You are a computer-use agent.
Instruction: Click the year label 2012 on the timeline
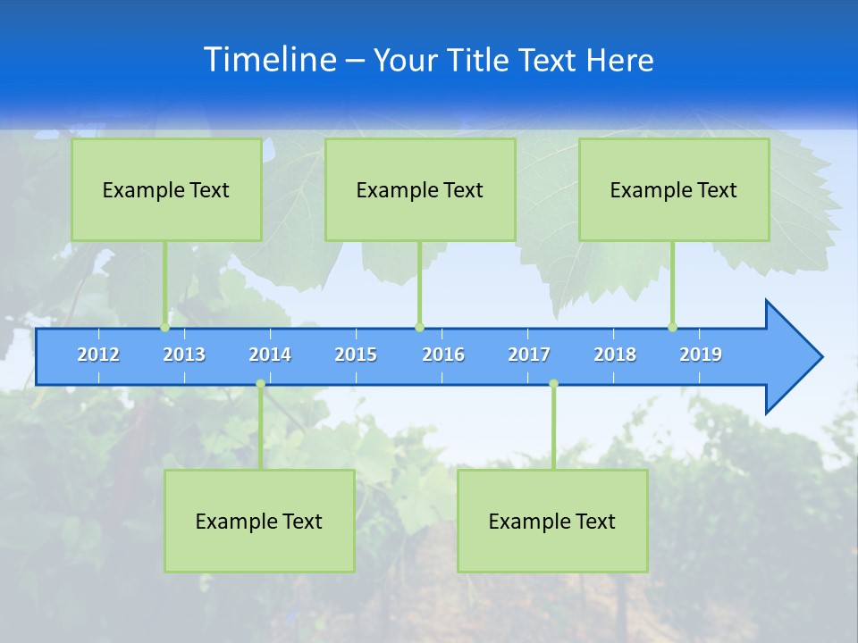tap(98, 355)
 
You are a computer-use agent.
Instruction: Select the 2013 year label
tap(184, 355)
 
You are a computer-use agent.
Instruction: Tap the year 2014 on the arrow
tap(270, 355)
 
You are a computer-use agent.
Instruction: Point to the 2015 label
tap(356, 355)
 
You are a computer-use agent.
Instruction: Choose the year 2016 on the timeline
tap(443, 355)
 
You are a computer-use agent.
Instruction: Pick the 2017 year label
tap(529, 355)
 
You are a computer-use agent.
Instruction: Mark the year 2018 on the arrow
tap(615, 355)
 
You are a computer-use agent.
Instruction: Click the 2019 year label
tap(701, 355)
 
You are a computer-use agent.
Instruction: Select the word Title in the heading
tap(478, 61)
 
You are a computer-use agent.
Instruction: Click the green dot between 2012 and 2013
tap(164, 328)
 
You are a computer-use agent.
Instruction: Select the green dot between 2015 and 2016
tap(419, 328)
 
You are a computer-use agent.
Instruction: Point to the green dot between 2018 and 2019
tap(672, 328)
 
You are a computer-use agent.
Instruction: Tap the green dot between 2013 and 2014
tap(260, 384)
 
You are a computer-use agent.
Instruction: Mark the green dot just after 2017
tap(553, 384)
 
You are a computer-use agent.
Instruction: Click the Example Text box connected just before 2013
tap(166, 189)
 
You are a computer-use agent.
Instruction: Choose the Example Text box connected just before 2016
tap(420, 189)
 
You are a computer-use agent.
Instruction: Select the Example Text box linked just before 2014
tap(259, 521)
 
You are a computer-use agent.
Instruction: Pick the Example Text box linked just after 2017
tap(552, 521)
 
